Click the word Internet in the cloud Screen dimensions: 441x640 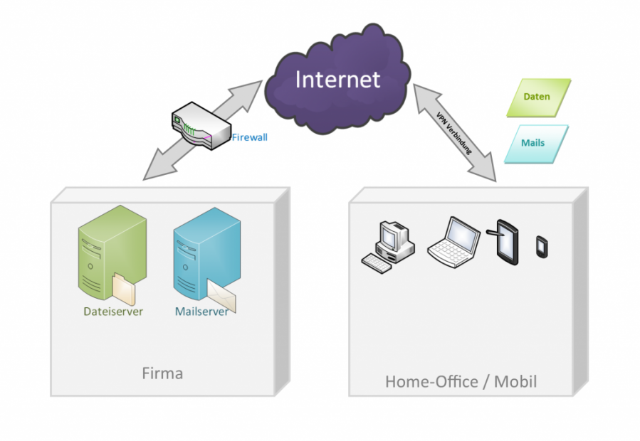point(337,79)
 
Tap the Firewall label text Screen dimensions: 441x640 point(249,137)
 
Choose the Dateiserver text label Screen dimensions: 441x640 point(113,312)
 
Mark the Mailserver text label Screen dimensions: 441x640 point(201,312)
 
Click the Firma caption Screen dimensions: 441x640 point(162,373)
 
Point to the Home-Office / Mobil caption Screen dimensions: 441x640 point(461,382)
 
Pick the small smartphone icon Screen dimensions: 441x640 point(541,246)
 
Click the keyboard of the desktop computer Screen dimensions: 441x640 point(377,262)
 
